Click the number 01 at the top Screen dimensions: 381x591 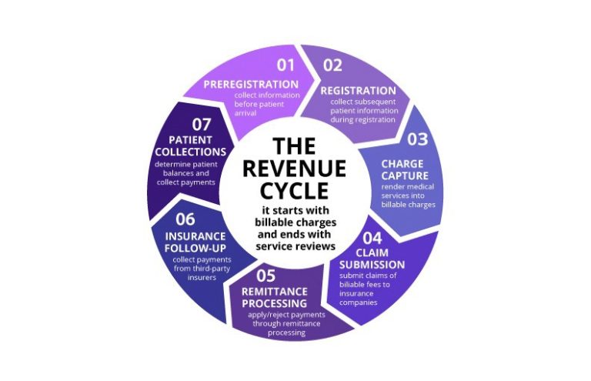click(285, 64)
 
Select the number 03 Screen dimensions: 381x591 click(417, 139)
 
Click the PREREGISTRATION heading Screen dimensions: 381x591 click(251, 84)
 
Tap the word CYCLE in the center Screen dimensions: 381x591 click(295, 190)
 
